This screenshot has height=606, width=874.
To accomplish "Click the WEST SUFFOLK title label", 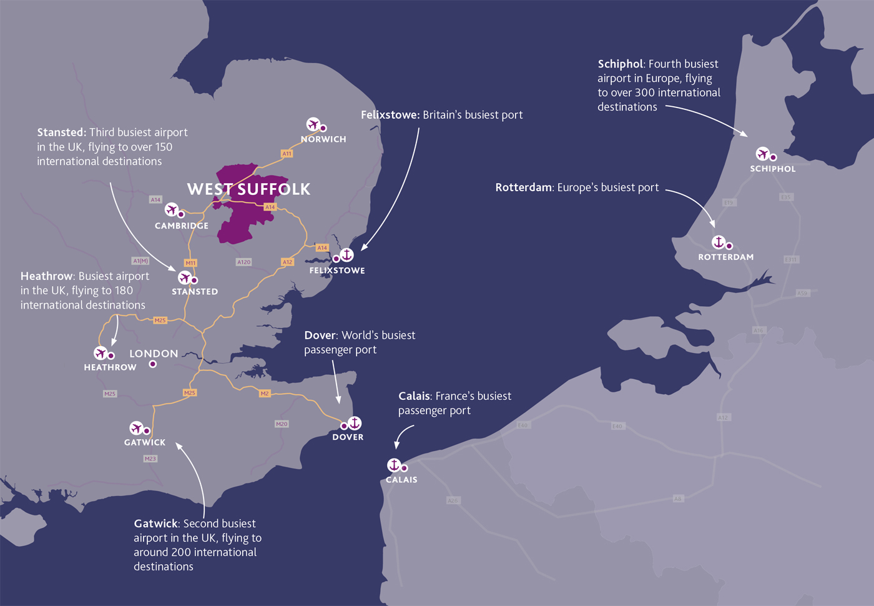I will point(248,189).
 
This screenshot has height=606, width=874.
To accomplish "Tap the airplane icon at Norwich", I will point(313,124).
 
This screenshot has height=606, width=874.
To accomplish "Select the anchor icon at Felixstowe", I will point(347,254).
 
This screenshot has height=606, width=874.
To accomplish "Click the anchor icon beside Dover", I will point(355,423).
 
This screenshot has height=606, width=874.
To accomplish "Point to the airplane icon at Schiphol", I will point(762,154).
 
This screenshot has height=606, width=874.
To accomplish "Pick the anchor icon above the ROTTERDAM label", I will point(719,242).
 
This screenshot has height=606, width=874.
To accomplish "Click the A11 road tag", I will point(287,153).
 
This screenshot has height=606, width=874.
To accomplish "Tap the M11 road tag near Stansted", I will point(190,263).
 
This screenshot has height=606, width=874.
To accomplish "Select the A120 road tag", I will point(243,262).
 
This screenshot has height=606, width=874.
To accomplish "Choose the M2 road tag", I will point(265,394).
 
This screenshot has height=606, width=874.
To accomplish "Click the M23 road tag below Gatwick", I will point(150,459).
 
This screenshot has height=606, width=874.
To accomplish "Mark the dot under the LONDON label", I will point(152,364).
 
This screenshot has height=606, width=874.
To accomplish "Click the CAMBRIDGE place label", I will point(182,226).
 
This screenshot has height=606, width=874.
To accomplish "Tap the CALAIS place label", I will point(401,480).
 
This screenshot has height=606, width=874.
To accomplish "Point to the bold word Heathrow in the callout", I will point(47,276).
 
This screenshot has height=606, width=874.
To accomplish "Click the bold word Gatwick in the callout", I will point(156,524).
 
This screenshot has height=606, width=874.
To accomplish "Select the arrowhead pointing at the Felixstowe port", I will point(364,247).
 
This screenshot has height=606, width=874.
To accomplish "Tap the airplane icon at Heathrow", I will point(101,354).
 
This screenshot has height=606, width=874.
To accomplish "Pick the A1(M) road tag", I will point(140,261).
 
